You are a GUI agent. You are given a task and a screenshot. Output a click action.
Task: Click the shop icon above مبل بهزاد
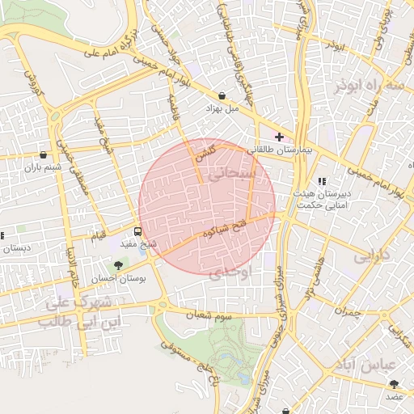pyautogui.click(x=222, y=96)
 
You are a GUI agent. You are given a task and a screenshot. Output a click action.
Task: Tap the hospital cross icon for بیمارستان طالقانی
pyautogui.click(x=279, y=137)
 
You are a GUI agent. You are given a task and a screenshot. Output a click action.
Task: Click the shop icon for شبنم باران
pyautogui.click(x=43, y=154)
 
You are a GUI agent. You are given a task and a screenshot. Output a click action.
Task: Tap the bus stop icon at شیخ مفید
pyautogui.click(x=136, y=230)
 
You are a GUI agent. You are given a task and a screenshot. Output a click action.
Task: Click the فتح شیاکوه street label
pyautogui.click(x=218, y=230)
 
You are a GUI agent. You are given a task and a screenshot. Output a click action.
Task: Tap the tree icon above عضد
pyautogui.click(x=394, y=384)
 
